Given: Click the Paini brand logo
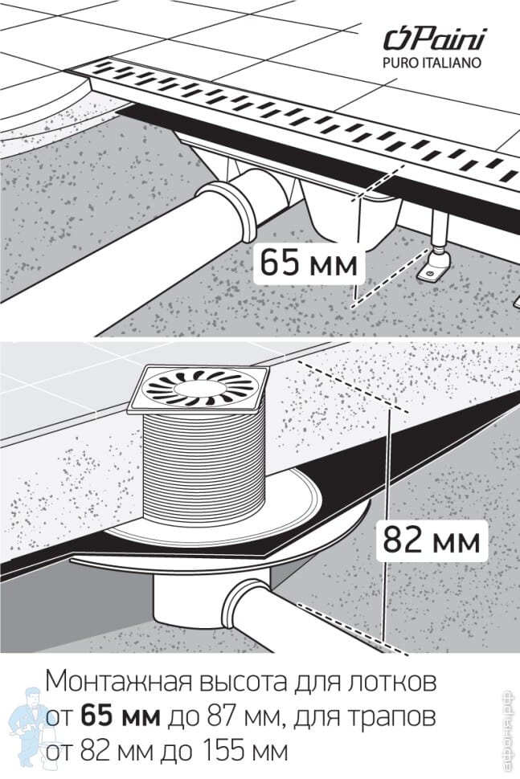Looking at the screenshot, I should [x=434, y=39].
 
